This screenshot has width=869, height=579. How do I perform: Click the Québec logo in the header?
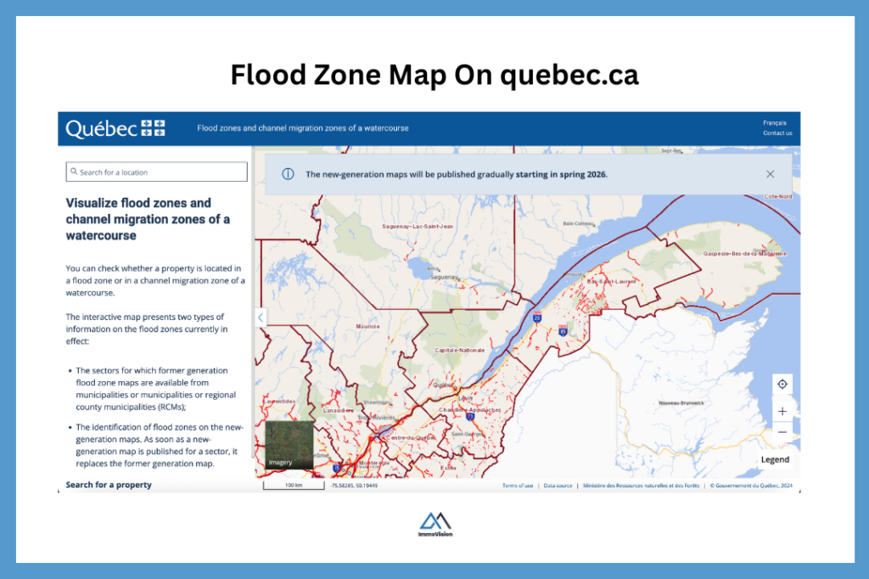(115, 128)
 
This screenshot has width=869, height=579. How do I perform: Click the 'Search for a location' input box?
(157, 172)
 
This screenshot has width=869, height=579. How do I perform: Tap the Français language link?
(774, 123)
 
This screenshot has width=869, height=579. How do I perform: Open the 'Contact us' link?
(777, 133)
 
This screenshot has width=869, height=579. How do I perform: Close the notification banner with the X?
(770, 174)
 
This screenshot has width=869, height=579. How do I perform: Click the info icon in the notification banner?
(288, 174)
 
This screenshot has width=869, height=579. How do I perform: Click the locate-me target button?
(782, 384)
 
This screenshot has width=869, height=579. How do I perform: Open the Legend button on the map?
(775, 459)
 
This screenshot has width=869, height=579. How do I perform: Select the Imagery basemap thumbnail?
(289, 444)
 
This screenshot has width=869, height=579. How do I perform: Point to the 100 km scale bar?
(294, 486)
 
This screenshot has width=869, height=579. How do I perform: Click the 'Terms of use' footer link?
(518, 486)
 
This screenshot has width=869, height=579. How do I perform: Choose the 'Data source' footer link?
(558, 486)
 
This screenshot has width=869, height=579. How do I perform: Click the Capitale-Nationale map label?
(459, 350)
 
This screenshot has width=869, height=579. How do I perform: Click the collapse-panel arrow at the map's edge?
(260, 318)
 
